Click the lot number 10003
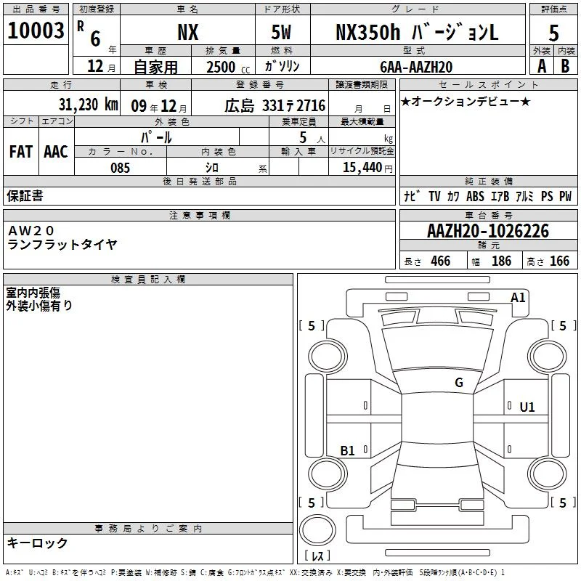click(36, 31)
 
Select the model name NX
click(188, 32)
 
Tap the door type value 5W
click(281, 32)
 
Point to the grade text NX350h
click(368, 32)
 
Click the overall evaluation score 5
click(553, 33)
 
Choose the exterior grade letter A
click(542, 66)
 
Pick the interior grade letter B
click(565, 66)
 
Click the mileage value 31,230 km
click(88, 105)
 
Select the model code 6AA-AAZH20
click(416, 67)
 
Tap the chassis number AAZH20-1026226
click(488, 231)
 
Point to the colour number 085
click(120, 168)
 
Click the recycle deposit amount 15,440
click(362, 167)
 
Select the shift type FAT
click(21, 152)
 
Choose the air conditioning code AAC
click(56, 152)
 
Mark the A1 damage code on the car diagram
click(518, 298)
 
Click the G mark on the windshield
click(459, 383)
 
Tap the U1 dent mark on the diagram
click(527, 407)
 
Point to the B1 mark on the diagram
click(348, 450)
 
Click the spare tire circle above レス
click(317, 530)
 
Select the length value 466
click(441, 261)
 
